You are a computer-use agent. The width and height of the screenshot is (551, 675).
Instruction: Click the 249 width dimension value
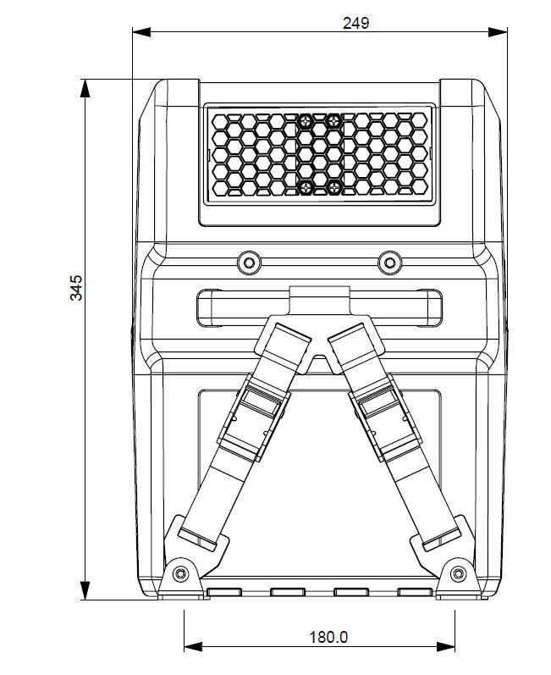(355, 24)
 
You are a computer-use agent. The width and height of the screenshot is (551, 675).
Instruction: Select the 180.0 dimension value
(328, 637)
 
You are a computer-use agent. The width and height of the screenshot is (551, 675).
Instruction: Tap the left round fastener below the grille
(249, 263)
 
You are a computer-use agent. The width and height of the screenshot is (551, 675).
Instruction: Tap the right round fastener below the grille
(389, 263)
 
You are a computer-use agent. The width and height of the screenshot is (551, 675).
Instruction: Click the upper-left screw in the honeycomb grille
(305, 122)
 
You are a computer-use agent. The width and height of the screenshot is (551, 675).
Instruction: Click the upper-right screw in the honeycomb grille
(333, 122)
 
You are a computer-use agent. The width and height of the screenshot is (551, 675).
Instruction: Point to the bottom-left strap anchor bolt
(179, 573)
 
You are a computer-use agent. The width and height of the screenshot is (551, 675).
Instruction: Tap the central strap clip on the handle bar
(318, 299)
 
